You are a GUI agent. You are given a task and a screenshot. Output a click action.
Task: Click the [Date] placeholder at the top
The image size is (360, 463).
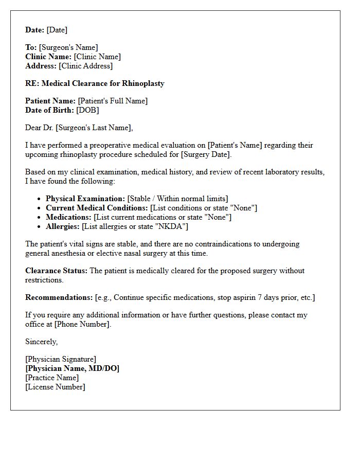tap(57, 30)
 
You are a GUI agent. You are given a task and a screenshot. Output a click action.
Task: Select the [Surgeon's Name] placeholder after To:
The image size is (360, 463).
tap(68, 47)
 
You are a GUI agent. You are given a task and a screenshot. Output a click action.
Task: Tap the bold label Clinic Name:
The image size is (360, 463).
tap(48, 57)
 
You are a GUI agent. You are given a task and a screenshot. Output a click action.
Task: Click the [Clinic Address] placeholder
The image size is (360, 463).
tap(85, 66)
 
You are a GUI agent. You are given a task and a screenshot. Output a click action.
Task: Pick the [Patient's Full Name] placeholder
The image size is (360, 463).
tap(113, 101)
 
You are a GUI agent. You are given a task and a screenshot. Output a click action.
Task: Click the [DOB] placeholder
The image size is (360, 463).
tap(87, 110)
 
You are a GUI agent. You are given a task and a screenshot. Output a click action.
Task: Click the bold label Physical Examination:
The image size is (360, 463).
tap(85, 199)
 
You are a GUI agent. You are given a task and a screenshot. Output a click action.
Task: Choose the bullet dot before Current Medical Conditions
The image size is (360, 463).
tap(40, 208)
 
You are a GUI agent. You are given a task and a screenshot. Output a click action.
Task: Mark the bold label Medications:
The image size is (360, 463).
tap(68, 217)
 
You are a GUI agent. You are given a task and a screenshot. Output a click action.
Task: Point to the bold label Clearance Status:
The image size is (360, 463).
tap(56, 271)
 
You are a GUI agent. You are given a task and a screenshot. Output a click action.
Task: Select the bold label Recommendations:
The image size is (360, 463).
tap(59, 297)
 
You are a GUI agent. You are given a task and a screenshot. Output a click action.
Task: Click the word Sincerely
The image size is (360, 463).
tap(41, 342)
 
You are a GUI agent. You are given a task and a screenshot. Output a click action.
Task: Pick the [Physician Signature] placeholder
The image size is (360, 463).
tap(61, 359)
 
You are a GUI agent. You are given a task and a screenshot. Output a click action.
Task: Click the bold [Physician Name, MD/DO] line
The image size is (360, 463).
tap(72, 368)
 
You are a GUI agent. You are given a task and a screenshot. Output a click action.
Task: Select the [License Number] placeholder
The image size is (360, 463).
tap(55, 387)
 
